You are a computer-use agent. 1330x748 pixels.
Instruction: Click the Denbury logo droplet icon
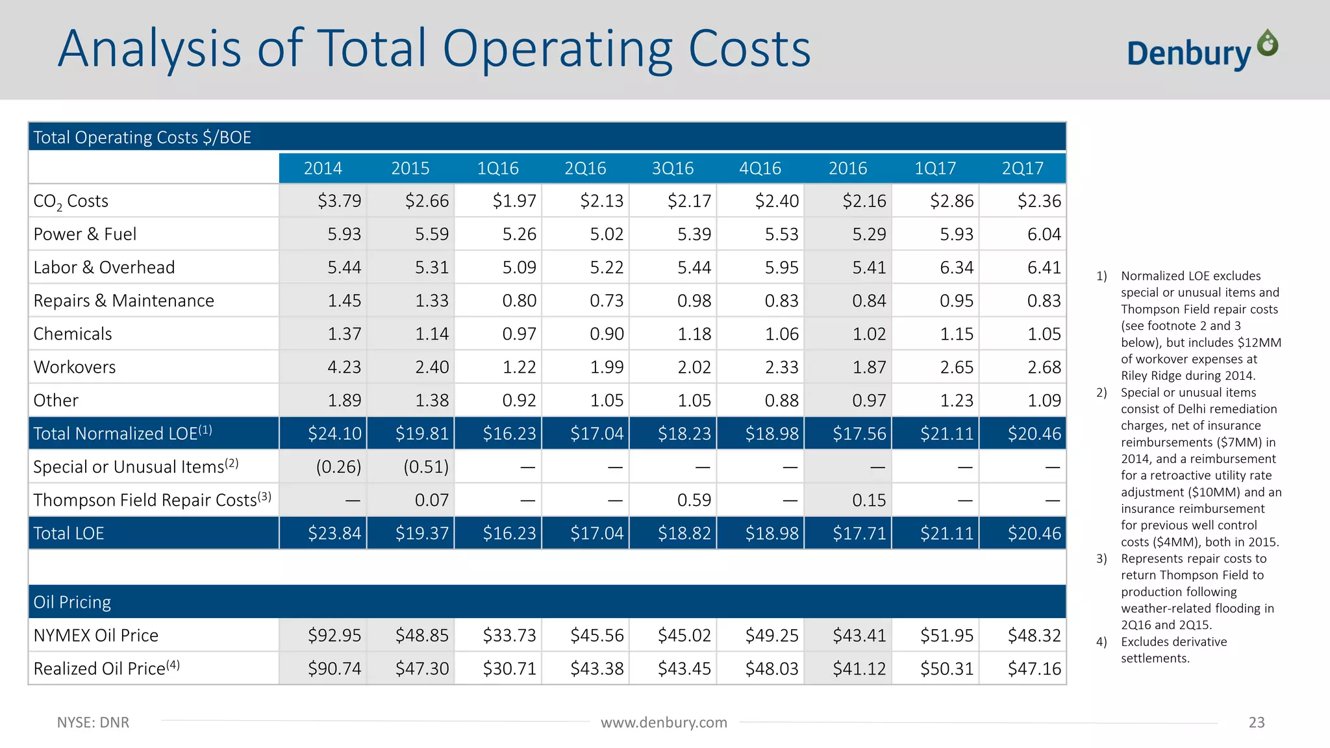pyautogui.click(x=1267, y=43)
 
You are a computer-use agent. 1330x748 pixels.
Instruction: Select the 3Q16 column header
pyautogui.click(x=673, y=168)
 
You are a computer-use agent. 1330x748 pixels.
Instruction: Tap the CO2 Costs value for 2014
pyautogui.click(x=339, y=201)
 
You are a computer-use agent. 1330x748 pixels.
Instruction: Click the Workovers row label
pyautogui.click(x=75, y=367)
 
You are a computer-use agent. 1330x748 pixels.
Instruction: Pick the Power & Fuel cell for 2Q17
pyautogui.click(x=1044, y=234)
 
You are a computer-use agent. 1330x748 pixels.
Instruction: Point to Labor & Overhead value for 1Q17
pyautogui.click(x=956, y=268)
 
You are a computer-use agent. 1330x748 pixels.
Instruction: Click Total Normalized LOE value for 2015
pyautogui.click(x=422, y=433)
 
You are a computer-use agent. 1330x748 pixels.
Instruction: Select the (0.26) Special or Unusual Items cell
pyautogui.click(x=338, y=467)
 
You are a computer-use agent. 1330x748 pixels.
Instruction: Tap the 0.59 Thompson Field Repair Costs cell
pyautogui.click(x=694, y=500)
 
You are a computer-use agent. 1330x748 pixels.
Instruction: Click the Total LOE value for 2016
pyautogui.click(x=859, y=533)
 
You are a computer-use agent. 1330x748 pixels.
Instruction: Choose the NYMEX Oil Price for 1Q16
pyautogui.click(x=509, y=635)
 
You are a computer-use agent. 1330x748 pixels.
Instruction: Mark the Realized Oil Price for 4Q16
pyautogui.click(x=772, y=668)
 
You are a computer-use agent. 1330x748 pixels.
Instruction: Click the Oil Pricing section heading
pyautogui.click(x=72, y=602)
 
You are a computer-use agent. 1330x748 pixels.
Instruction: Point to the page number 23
pyautogui.click(x=1256, y=722)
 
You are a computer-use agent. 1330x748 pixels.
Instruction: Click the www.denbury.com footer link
pyautogui.click(x=664, y=722)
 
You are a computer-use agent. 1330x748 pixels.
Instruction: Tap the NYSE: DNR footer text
pyautogui.click(x=93, y=722)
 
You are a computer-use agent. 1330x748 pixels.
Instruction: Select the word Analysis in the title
pyautogui.click(x=150, y=49)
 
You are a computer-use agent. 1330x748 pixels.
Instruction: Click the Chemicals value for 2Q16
pyautogui.click(x=607, y=334)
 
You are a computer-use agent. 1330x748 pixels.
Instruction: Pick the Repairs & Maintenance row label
pyautogui.click(x=123, y=301)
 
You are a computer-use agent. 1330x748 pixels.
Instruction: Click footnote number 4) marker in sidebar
pyautogui.click(x=1101, y=642)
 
